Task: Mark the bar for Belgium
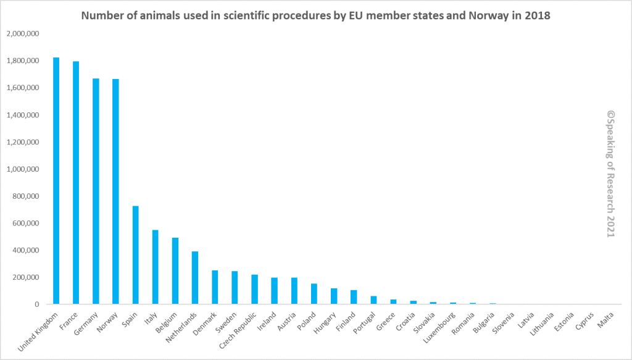175,271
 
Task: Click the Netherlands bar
194,278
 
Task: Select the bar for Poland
314,294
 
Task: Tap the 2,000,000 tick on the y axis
23,34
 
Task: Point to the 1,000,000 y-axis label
23,169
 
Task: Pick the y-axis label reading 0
38,304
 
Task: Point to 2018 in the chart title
536,15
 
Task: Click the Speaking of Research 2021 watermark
610,174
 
